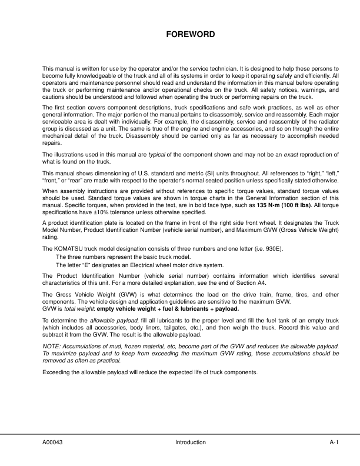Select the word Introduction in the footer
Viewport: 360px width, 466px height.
[x=190, y=442]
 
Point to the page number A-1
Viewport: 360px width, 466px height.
[x=336, y=442]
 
